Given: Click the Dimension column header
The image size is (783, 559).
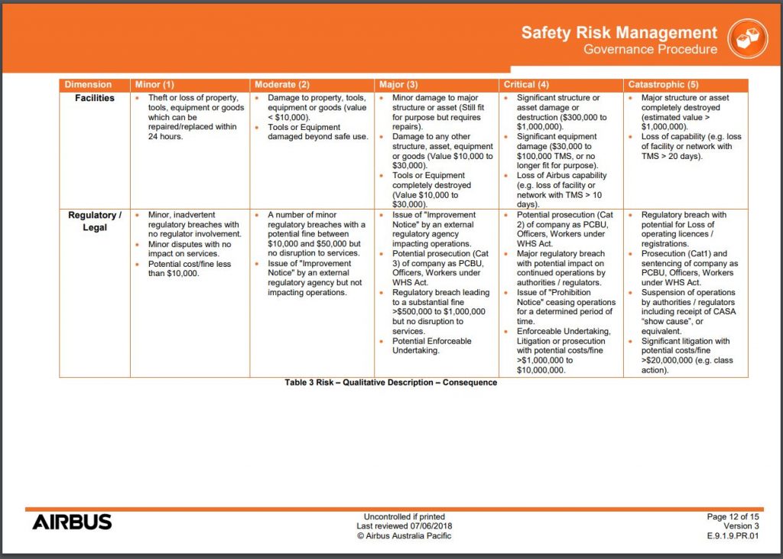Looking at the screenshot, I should [88, 84].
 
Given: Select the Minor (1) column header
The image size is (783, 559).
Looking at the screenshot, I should [154, 84].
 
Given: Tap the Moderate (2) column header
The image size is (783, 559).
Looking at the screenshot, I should [282, 84].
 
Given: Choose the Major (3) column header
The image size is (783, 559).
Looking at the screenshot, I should [398, 84].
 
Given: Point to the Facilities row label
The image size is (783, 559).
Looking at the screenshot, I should [95, 98].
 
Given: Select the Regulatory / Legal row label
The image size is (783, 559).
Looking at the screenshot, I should [95, 221].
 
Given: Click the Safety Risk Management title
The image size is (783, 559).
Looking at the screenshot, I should [619, 33].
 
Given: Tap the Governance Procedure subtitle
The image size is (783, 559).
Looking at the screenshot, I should [650, 50].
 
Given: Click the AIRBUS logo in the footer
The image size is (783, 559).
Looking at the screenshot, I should [72, 522].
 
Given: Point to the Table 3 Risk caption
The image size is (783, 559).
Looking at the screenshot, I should [391, 382].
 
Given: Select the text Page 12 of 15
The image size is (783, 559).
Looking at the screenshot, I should [733, 517].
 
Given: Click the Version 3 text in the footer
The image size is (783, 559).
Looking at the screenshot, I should [742, 526].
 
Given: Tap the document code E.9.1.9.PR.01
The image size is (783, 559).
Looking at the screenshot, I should [733, 536].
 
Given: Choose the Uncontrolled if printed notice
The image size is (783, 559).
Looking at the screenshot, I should [404, 517].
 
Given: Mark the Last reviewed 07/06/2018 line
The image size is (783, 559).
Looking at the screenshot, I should [404, 526].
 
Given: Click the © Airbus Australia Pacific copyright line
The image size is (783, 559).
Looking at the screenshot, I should [404, 536].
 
